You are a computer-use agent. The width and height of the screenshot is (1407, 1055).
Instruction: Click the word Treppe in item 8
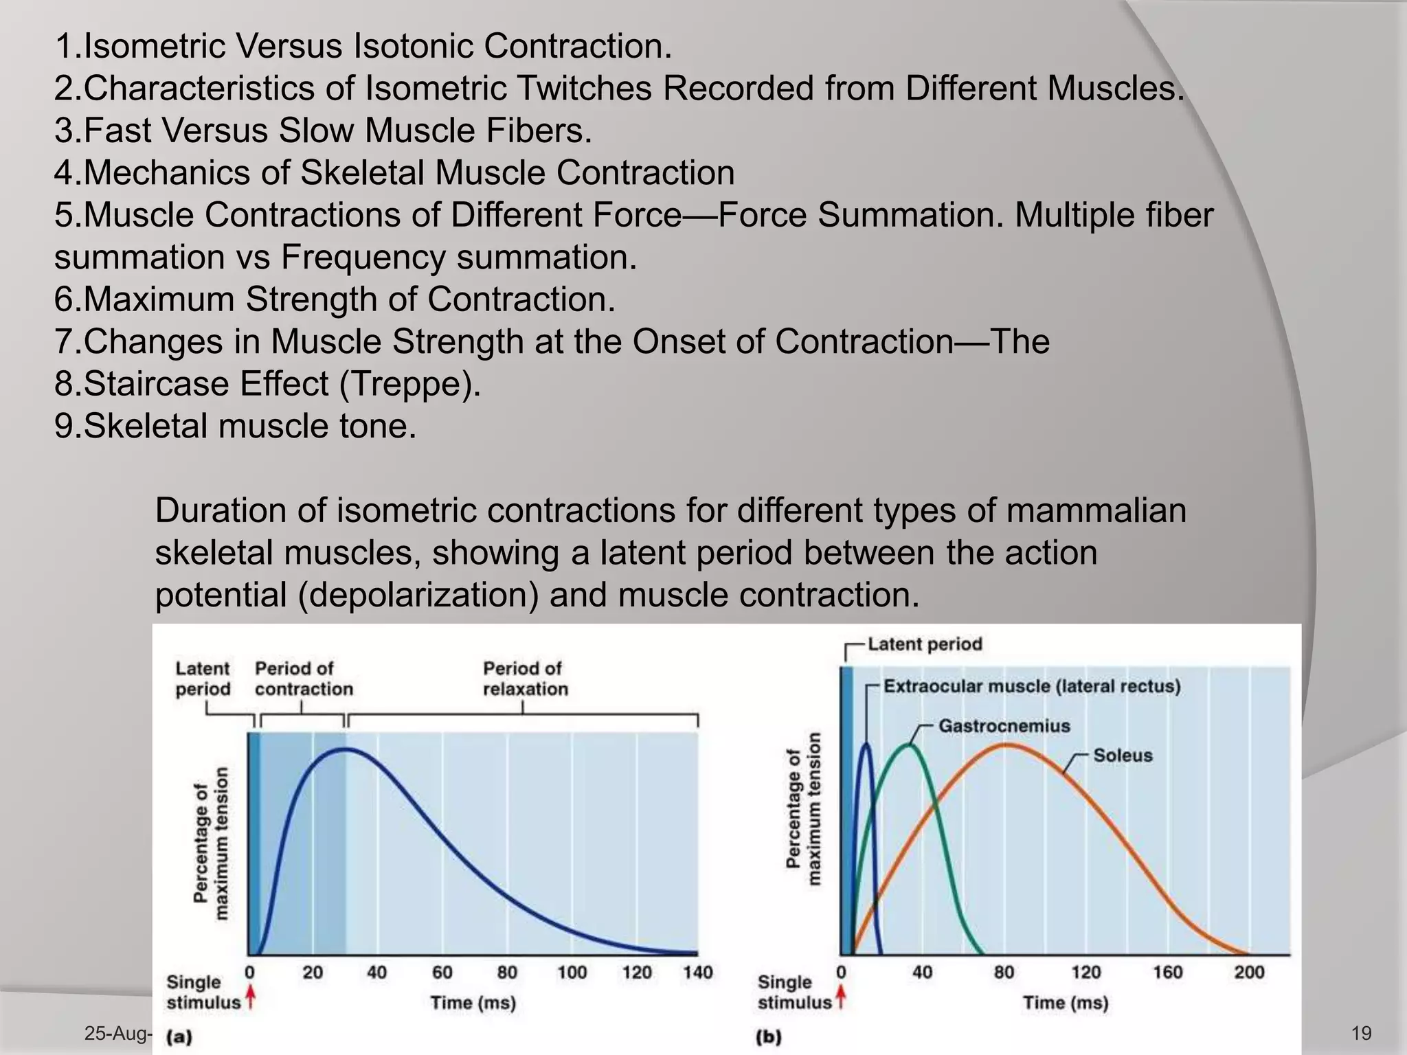tap(410, 384)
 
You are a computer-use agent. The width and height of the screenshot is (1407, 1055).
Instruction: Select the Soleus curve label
tap(1123, 756)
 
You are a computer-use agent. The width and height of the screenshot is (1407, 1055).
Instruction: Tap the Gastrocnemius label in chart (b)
tap(1004, 726)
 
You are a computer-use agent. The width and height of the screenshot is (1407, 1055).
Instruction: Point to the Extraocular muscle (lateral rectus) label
tap(1031, 687)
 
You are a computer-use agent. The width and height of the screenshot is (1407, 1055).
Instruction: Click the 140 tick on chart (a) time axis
tap(697, 973)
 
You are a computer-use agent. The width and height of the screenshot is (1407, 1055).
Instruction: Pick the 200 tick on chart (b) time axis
tap(1248, 973)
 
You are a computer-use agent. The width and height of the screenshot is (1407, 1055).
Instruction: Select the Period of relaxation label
tap(525, 679)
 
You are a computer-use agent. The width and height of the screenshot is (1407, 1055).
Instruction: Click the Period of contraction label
tap(303, 679)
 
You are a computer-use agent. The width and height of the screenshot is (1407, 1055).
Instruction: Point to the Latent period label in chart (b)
tap(924, 644)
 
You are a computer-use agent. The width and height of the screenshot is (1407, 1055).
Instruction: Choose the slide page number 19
tap(1361, 1033)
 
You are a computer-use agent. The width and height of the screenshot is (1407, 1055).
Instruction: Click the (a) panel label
tap(179, 1037)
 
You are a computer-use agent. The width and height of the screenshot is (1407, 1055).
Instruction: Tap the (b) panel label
tap(768, 1037)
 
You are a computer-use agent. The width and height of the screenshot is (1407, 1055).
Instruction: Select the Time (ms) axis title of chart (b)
tap(1065, 1003)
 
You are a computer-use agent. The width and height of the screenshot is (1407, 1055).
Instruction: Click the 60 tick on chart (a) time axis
tap(442, 973)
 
